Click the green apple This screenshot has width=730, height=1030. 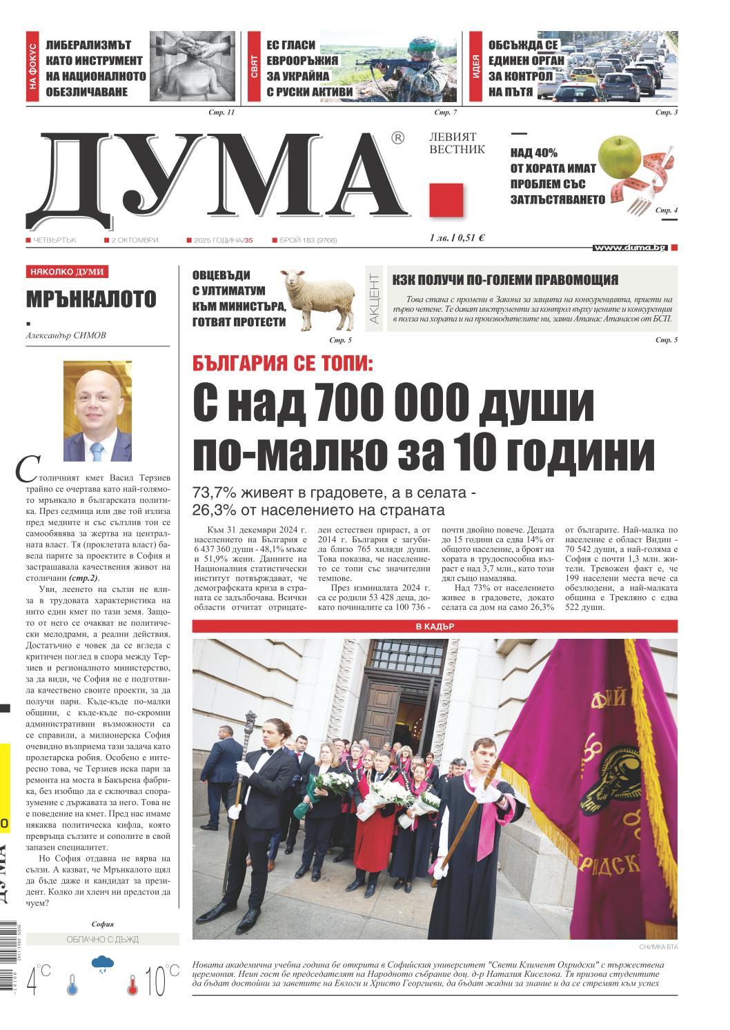point(619,156)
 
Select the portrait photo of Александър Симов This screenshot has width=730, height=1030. point(97,411)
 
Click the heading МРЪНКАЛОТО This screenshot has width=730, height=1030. point(91,299)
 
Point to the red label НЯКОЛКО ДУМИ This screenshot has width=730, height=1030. point(68,272)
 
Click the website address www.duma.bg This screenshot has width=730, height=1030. point(629,247)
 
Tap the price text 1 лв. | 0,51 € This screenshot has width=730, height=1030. point(456,238)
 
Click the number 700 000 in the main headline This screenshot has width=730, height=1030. point(390,402)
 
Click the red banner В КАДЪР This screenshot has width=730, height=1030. point(435,626)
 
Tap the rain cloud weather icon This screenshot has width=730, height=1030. point(103,962)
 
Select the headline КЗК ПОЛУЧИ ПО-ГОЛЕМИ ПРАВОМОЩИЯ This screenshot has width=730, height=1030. point(505,279)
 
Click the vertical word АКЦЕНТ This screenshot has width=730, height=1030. point(374,299)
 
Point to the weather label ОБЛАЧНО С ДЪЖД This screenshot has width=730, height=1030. point(102,939)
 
